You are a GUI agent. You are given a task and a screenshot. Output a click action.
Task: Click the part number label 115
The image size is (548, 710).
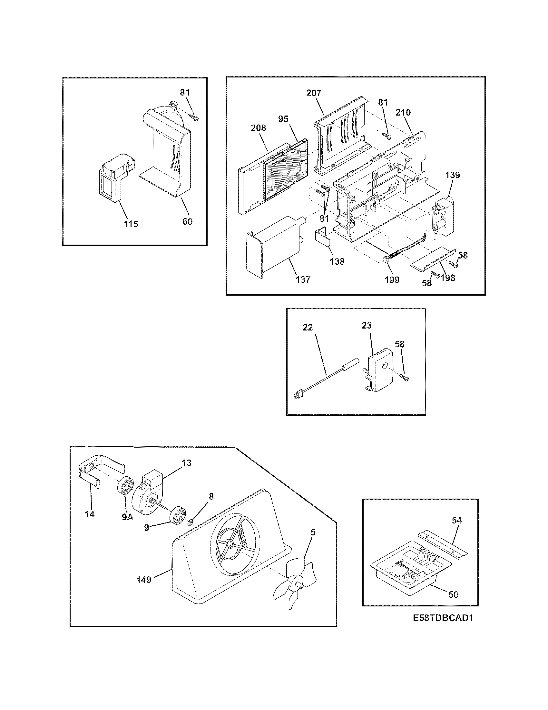point(131,224)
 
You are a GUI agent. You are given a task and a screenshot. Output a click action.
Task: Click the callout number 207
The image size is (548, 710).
point(314,93)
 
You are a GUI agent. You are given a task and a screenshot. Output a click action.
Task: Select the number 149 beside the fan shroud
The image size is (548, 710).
point(144,579)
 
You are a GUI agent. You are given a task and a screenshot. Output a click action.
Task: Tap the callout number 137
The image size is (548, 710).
point(303,279)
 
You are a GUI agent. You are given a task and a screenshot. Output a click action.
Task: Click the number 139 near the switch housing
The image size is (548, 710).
point(453,175)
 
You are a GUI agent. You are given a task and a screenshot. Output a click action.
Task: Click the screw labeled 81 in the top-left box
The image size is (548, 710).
point(194,118)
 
